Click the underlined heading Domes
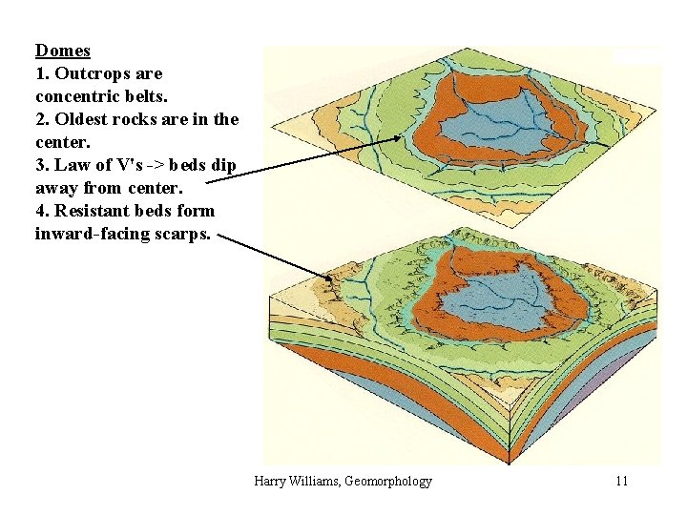coord(62,51)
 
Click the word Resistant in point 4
coord(90,211)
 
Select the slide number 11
coord(621,481)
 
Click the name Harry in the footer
coord(271,481)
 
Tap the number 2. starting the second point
coord(42,119)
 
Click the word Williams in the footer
coord(321,481)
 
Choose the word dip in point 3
coord(223,165)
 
